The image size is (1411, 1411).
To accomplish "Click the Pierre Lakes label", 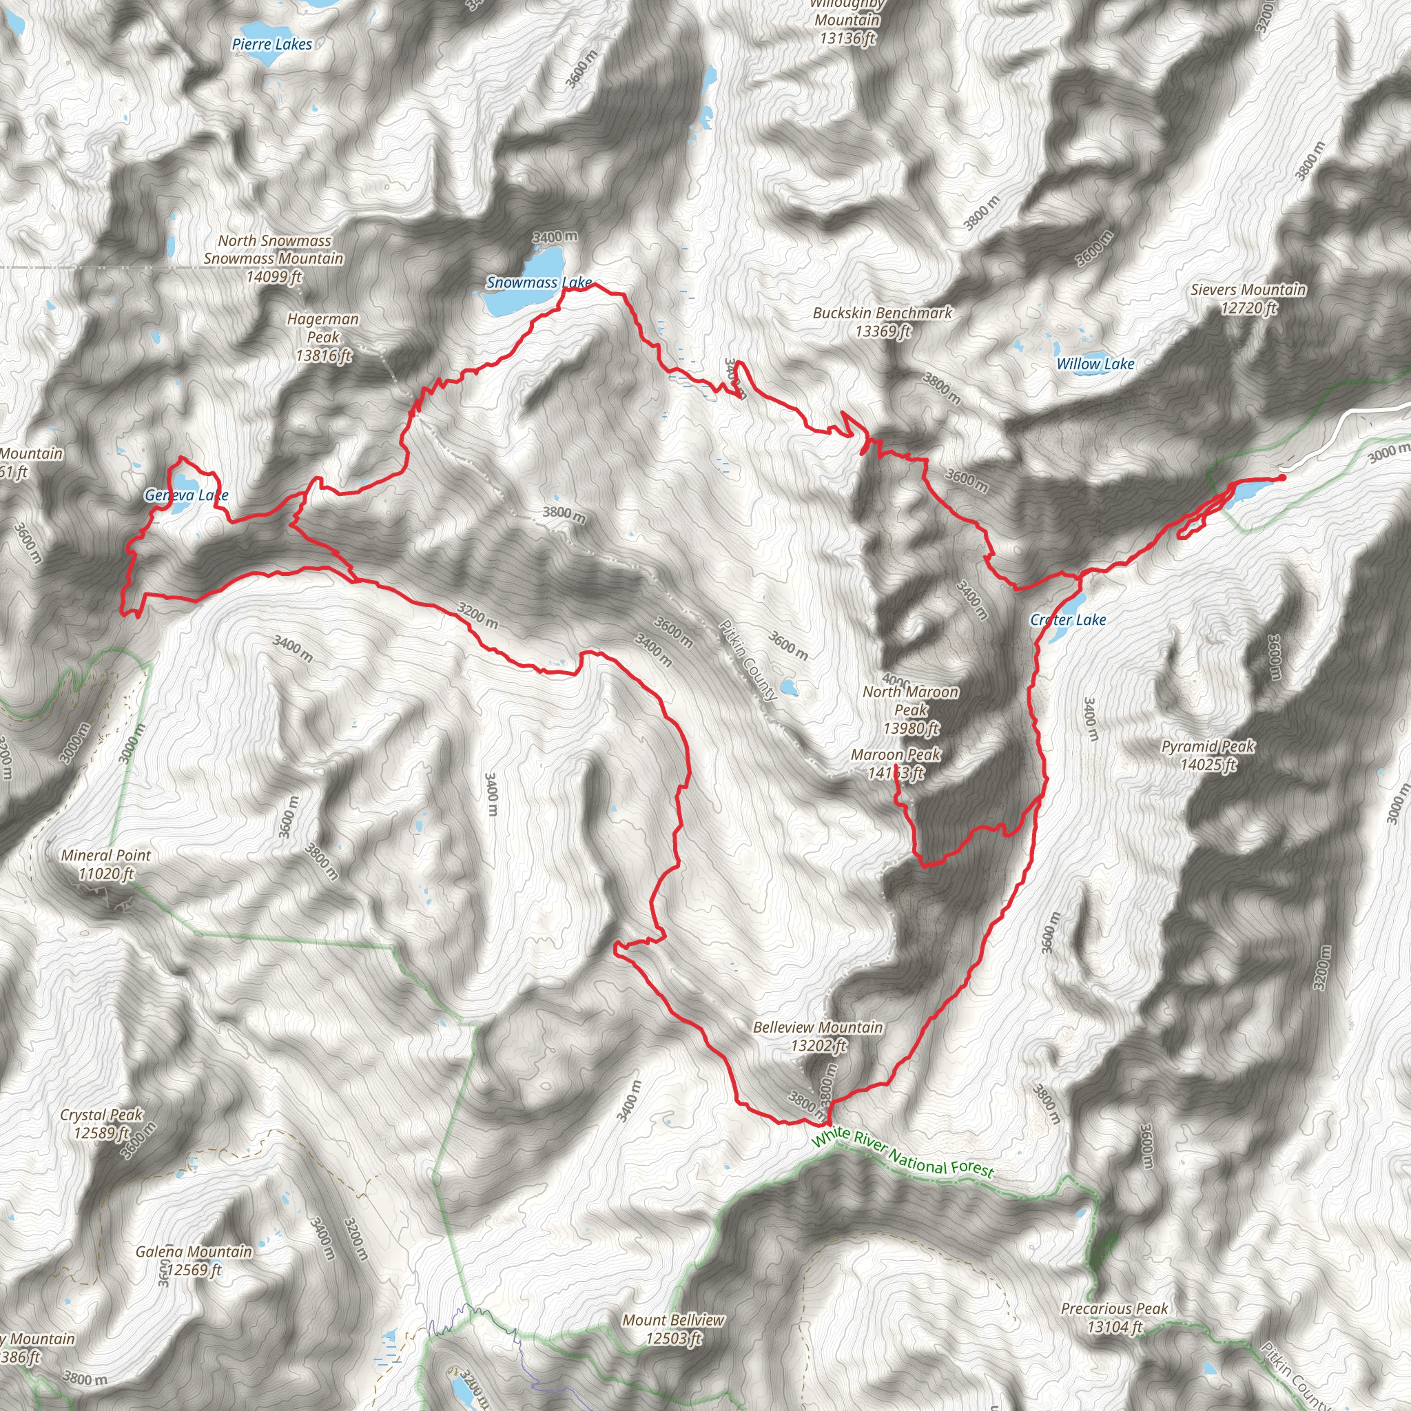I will tap(271, 45).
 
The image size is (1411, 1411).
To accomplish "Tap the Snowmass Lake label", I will tap(539, 282).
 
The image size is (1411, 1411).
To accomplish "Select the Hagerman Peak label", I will tap(323, 338).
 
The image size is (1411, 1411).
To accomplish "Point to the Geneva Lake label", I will tap(186, 495).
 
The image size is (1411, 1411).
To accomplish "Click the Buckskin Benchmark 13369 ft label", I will tap(883, 322).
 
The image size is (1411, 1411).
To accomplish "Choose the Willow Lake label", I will tap(1095, 364).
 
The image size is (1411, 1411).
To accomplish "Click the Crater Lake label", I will tap(1068, 620).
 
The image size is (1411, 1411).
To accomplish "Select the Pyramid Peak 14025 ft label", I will tap(1208, 755).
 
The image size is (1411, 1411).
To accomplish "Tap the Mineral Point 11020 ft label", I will tap(107, 864).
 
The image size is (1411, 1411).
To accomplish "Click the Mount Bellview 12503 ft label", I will tap(673, 1329).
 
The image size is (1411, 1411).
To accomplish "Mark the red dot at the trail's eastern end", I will tap(1281, 477).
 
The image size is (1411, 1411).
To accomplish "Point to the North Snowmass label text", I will tap(275, 241).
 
